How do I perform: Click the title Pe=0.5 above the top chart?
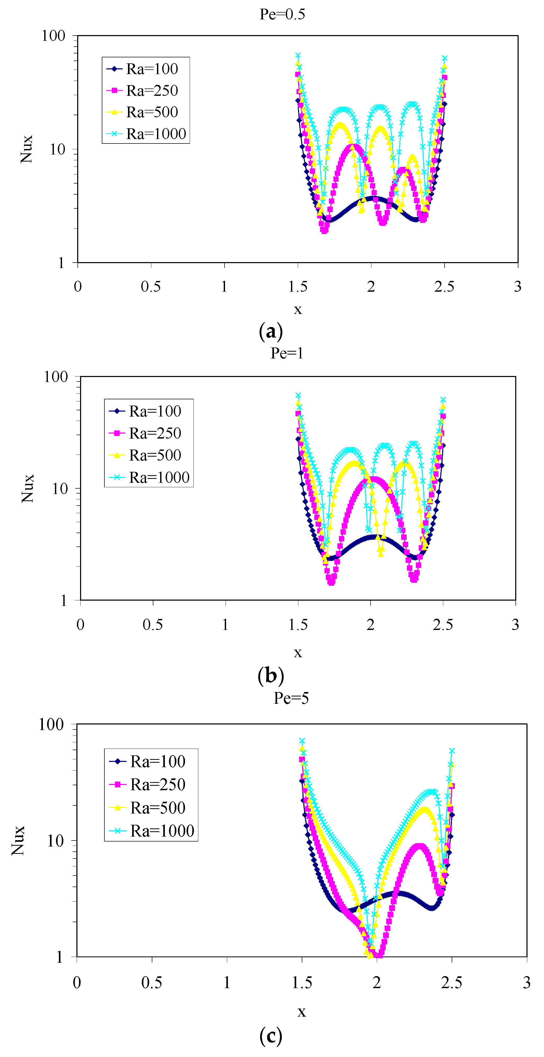tap(282, 14)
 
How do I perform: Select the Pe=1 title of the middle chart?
tap(287, 353)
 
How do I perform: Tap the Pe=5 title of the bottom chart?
tap(291, 698)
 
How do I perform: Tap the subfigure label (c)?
tap(271, 1036)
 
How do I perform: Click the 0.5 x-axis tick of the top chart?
tap(151, 286)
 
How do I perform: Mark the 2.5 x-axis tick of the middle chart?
tap(443, 624)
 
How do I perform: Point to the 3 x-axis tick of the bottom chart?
tap(526, 982)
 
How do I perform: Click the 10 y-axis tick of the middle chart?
tap(59, 489)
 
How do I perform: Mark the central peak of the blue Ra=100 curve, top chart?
tap(373, 199)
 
